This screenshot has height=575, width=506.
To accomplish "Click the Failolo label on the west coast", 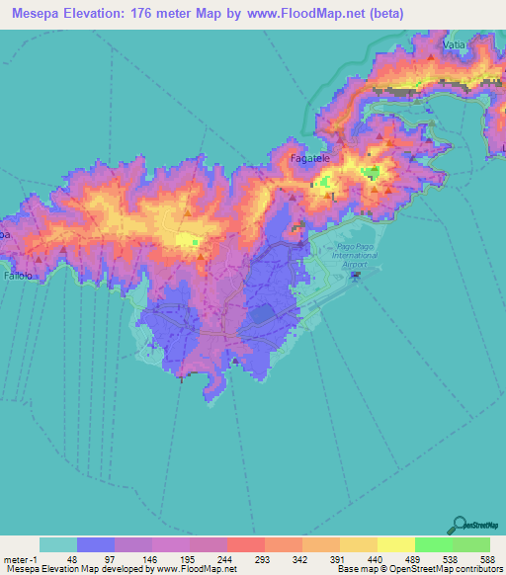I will coord(18,277).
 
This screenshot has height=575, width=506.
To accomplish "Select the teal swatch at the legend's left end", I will coord(58,544).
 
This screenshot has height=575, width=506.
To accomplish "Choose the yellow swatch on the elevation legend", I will coord(395,544).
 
